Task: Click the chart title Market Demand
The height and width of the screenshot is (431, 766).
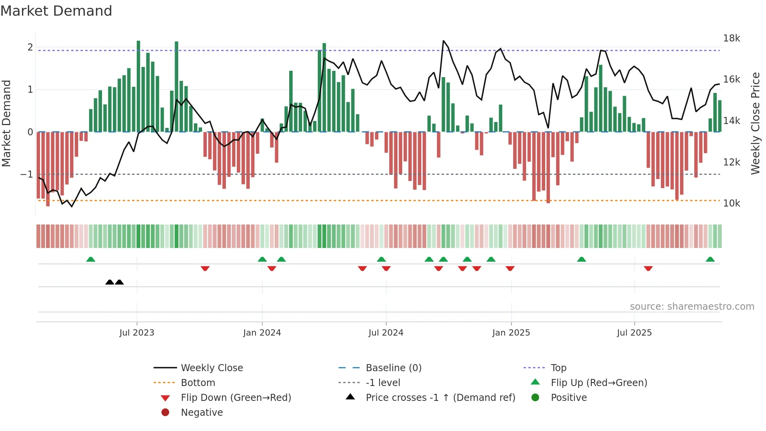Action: (x=56, y=11)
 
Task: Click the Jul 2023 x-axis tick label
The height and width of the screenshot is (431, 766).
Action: (x=137, y=333)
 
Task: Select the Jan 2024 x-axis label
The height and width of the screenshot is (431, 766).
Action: (x=262, y=333)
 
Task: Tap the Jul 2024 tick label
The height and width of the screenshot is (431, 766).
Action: (x=386, y=333)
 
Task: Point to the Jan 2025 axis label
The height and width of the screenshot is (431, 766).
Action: (x=511, y=333)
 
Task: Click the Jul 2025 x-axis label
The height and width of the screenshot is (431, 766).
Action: (x=634, y=333)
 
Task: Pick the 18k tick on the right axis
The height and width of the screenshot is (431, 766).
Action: (x=731, y=38)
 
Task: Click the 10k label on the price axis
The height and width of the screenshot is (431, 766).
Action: (x=731, y=203)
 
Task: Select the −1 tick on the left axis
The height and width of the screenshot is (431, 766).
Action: (x=27, y=174)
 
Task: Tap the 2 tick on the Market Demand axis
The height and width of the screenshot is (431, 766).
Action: (x=30, y=47)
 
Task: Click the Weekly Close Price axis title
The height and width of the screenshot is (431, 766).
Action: (x=755, y=123)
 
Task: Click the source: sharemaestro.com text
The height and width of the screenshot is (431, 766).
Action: (x=692, y=307)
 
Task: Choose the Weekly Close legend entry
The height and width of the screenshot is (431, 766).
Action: (x=211, y=368)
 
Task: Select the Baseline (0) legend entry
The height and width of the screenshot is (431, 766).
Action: (x=393, y=368)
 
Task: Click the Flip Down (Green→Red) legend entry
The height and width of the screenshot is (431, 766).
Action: (x=236, y=398)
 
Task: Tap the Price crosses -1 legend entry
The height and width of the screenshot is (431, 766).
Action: (x=440, y=398)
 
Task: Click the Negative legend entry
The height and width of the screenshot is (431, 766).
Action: (x=202, y=413)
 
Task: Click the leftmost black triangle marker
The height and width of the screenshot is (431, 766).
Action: (x=110, y=282)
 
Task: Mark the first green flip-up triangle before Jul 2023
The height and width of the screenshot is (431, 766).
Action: (x=91, y=259)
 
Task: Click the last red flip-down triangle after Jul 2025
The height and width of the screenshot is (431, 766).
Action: (x=648, y=268)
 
